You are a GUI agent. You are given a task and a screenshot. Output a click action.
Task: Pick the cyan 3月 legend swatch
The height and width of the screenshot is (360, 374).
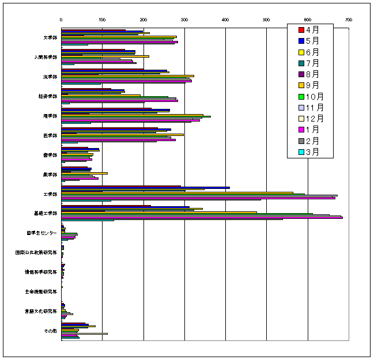click(301, 152)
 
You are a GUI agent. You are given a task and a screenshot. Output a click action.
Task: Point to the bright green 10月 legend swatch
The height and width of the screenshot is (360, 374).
click(301, 96)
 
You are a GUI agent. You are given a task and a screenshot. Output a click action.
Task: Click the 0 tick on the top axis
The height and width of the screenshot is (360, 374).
click(62, 20)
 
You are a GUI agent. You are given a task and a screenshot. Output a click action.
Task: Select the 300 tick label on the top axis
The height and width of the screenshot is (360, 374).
click(184, 20)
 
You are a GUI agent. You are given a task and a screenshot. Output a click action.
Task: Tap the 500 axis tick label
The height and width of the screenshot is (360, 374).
click(266, 20)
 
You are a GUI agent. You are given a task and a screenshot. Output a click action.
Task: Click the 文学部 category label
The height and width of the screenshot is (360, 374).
click(50, 37)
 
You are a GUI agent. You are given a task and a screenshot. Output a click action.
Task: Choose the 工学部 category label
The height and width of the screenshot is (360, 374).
click(50, 194)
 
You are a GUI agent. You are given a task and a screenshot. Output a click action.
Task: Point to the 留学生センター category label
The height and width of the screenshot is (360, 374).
click(41, 233)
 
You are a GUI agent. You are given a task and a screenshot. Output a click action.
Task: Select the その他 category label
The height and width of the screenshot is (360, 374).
click(50, 330)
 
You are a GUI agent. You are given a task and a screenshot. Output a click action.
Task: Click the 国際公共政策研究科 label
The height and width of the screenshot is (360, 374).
click(36, 252)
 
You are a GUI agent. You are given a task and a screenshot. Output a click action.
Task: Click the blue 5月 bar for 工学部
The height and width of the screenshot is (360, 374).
click(144, 188)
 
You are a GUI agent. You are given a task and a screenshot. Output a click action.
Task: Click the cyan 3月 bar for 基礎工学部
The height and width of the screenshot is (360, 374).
click(86, 221)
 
